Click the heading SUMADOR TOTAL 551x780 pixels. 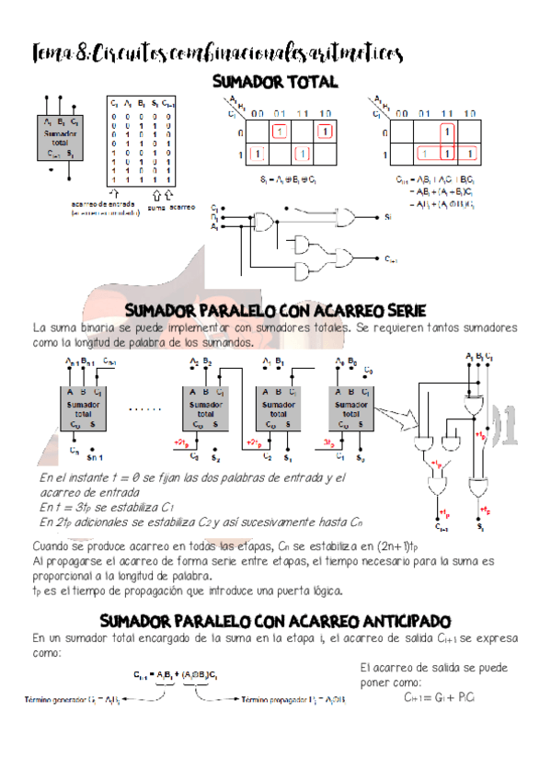coord(275,83)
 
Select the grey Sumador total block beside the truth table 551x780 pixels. coord(61,138)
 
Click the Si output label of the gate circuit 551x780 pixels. coord(390,217)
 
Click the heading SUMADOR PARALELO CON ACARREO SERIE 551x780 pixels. coord(274,309)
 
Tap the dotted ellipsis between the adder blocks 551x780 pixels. coord(148,407)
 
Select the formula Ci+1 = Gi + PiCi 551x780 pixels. coord(438,698)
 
